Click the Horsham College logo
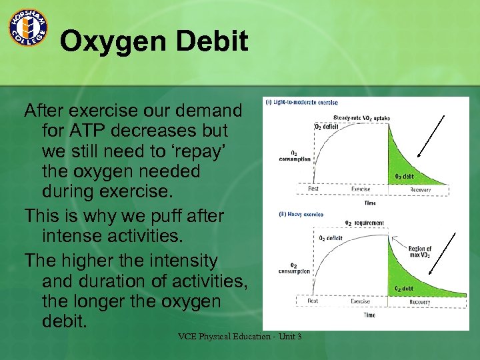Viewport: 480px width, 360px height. [x=27, y=27]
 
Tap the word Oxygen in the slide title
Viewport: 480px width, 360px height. [x=113, y=42]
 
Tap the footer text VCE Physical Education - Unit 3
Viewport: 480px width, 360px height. [x=239, y=337]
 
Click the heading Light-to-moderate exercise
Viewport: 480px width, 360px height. [x=302, y=103]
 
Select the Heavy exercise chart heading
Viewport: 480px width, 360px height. [x=300, y=215]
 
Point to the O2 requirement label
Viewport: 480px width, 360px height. [x=363, y=223]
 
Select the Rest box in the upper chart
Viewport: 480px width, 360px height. [x=313, y=189]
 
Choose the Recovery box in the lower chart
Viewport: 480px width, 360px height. [x=419, y=302]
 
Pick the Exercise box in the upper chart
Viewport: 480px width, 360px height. [x=361, y=189]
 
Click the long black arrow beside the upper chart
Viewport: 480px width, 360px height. [x=428, y=137]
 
